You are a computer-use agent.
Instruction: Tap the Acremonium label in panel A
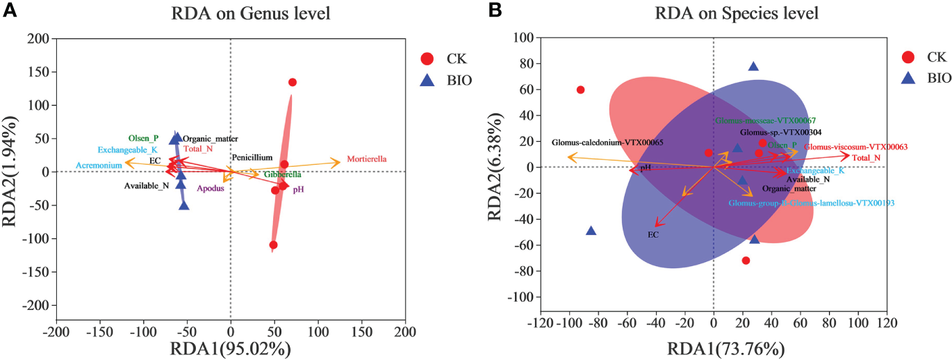[x=99, y=165]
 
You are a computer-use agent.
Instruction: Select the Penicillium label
[x=252, y=158]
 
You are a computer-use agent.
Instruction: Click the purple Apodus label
[x=210, y=188]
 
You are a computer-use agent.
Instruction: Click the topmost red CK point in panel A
[x=293, y=82]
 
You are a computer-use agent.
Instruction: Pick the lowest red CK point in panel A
[x=273, y=245]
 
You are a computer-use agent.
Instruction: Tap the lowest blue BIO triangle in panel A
[x=184, y=205]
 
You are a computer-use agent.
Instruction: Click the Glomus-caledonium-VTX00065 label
[x=607, y=142]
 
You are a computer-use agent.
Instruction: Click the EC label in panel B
[x=653, y=235]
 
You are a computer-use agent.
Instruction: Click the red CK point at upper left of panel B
[x=580, y=90]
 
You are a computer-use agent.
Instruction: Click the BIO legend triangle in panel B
[x=910, y=79]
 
